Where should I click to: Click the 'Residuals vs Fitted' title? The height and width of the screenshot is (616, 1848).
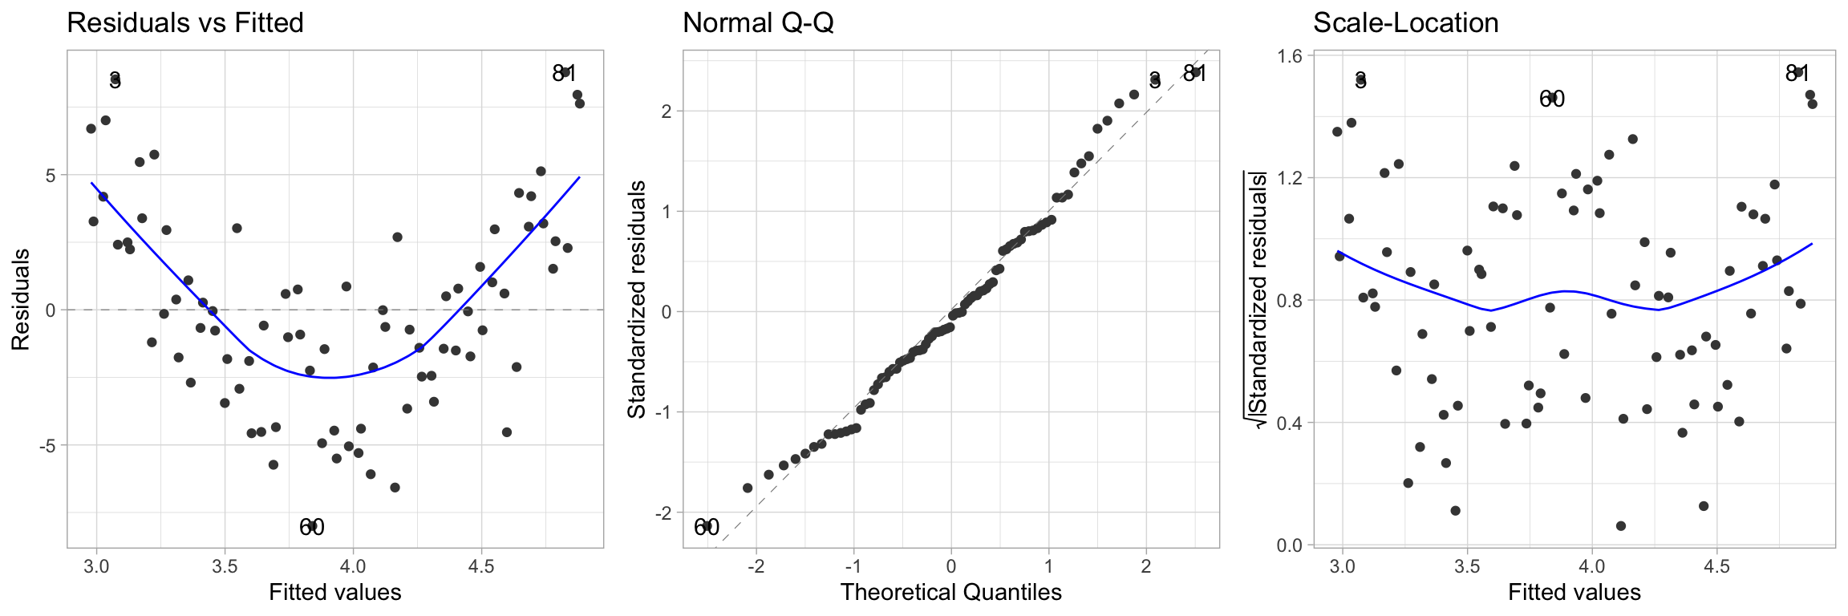(x=185, y=22)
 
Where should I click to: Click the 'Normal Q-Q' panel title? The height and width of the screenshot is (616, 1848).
(x=758, y=22)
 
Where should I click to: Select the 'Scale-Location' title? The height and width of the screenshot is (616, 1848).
(x=1405, y=22)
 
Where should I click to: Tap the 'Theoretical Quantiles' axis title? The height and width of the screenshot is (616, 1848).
(x=950, y=592)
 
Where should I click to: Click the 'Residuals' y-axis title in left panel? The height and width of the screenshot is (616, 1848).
(x=21, y=299)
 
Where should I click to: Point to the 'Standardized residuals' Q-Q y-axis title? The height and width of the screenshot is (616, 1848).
(x=637, y=299)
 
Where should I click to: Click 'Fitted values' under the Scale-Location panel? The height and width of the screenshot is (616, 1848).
(x=1574, y=592)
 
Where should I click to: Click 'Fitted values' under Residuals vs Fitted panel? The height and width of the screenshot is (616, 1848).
(x=334, y=592)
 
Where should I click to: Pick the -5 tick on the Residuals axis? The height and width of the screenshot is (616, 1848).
(x=48, y=445)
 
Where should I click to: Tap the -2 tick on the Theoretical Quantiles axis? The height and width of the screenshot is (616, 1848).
(x=756, y=566)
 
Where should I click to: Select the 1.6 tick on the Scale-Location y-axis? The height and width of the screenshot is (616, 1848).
(x=1290, y=55)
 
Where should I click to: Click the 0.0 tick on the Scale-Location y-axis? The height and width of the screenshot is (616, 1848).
(x=1290, y=545)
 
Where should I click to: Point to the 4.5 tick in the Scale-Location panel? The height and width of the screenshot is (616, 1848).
(x=1716, y=566)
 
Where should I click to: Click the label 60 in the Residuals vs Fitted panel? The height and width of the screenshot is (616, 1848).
(x=312, y=527)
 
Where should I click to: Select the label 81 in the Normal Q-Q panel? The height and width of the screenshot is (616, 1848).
(x=1194, y=74)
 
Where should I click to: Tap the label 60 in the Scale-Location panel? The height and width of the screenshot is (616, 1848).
(x=1552, y=99)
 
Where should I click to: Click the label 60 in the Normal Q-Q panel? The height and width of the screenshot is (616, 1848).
(x=707, y=527)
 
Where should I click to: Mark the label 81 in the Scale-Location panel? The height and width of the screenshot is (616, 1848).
(x=1797, y=74)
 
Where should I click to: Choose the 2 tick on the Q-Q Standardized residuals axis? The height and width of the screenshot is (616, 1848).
(x=667, y=111)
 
